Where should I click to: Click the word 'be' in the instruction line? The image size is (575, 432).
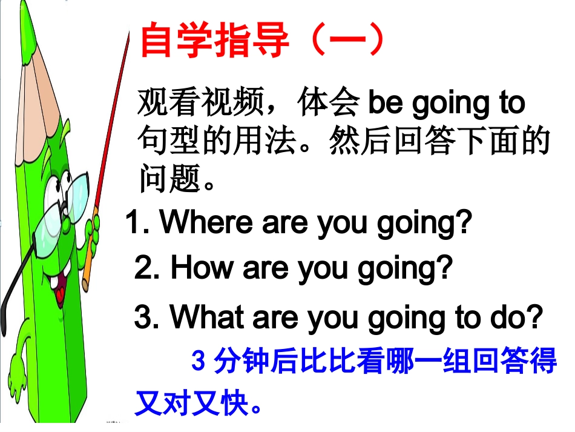386,104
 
